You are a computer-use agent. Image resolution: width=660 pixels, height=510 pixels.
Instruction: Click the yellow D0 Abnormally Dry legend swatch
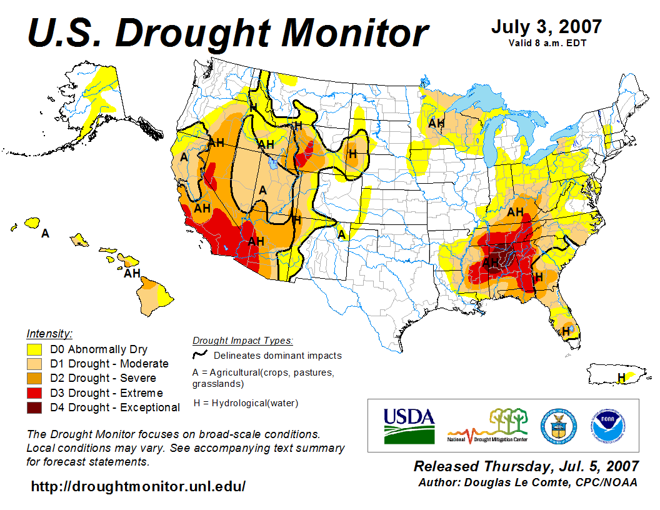pos(34,349)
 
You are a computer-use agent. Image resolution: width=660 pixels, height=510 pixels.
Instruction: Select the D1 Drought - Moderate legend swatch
pos(34,364)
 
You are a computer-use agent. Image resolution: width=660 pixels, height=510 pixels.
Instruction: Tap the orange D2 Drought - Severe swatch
pos(34,378)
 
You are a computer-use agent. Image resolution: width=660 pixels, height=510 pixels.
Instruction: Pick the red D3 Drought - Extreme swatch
pos(34,393)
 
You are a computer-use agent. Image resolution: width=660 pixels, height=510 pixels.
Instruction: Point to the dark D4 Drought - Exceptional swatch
pos(34,407)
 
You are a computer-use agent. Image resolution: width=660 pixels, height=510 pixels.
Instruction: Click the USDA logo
pos(409,425)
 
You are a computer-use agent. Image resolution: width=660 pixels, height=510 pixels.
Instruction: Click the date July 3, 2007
pos(546,27)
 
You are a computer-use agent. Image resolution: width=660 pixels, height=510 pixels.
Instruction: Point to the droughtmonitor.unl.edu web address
pos(138,486)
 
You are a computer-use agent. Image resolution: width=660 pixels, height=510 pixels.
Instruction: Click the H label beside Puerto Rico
pos(621,377)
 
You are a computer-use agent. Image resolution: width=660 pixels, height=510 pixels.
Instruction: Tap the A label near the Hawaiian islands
pos(45,234)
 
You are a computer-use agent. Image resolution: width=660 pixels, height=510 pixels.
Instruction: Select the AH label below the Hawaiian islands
pos(132,273)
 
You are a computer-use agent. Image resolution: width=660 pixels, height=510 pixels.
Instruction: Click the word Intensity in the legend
pos(49,334)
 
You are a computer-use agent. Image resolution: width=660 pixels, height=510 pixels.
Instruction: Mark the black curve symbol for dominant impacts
pos(199,355)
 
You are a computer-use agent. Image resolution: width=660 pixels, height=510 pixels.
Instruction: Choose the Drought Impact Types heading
pos(242,341)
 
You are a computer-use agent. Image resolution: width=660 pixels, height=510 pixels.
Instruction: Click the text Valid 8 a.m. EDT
pos(546,43)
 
